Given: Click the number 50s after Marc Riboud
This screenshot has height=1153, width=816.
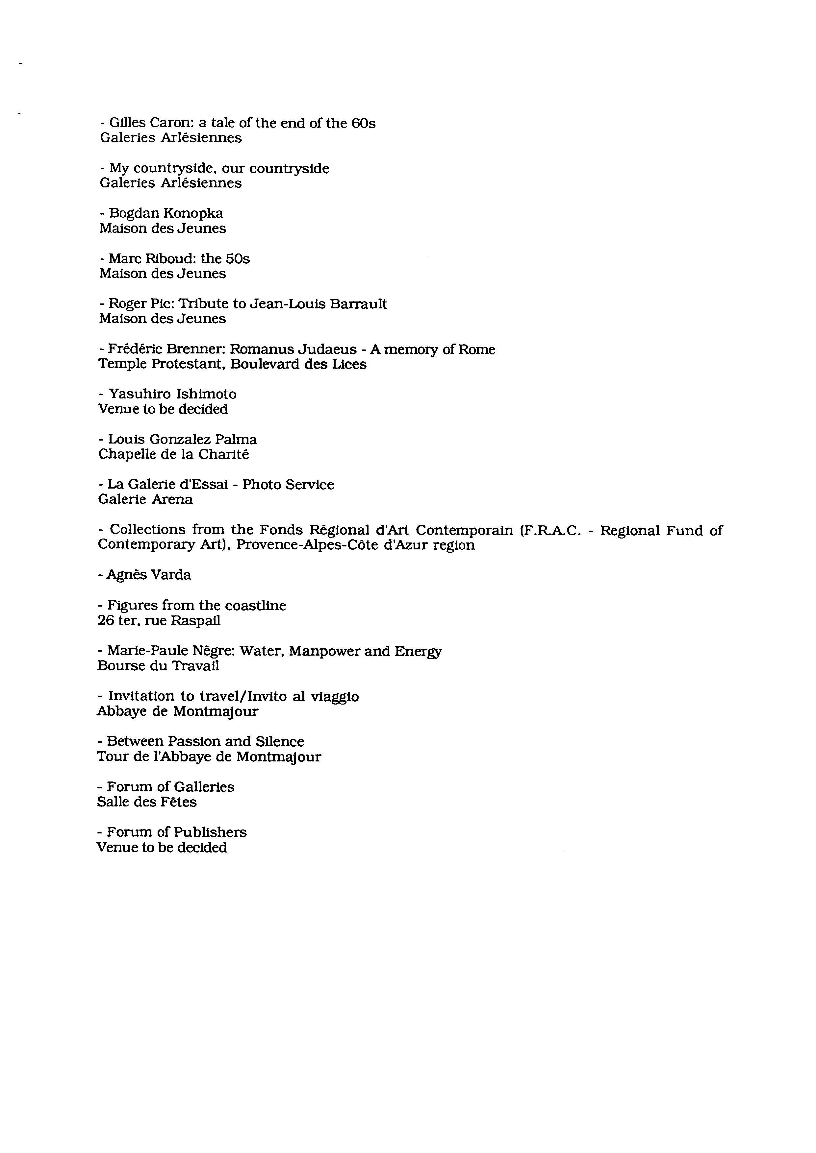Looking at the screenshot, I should click(238, 259).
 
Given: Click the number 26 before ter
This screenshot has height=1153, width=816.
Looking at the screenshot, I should click(106, 621).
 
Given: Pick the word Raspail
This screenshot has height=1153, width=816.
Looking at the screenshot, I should click(195, 621).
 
